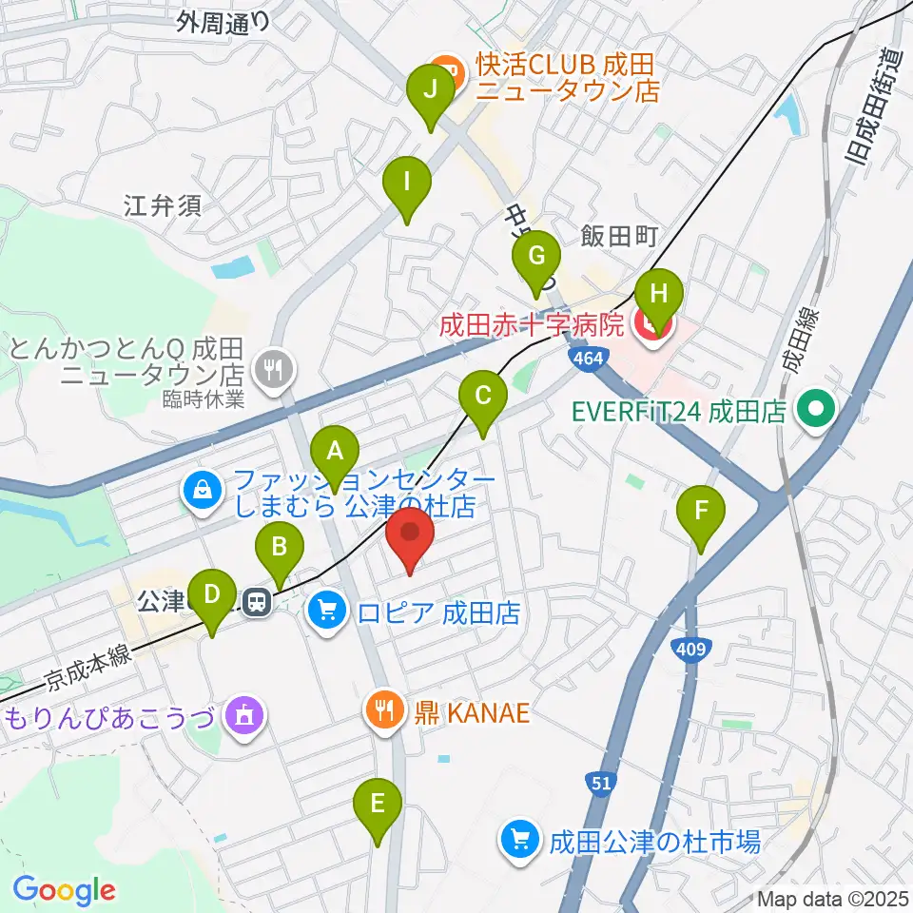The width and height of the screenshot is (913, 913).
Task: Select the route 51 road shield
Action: point(599,782)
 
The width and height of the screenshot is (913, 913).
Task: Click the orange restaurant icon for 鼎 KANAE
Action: point(385,709)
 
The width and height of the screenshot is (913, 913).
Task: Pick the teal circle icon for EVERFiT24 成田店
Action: point(816,411)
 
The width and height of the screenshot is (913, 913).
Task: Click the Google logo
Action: point(64,889)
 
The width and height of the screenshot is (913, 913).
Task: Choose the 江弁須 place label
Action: point(163,204)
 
